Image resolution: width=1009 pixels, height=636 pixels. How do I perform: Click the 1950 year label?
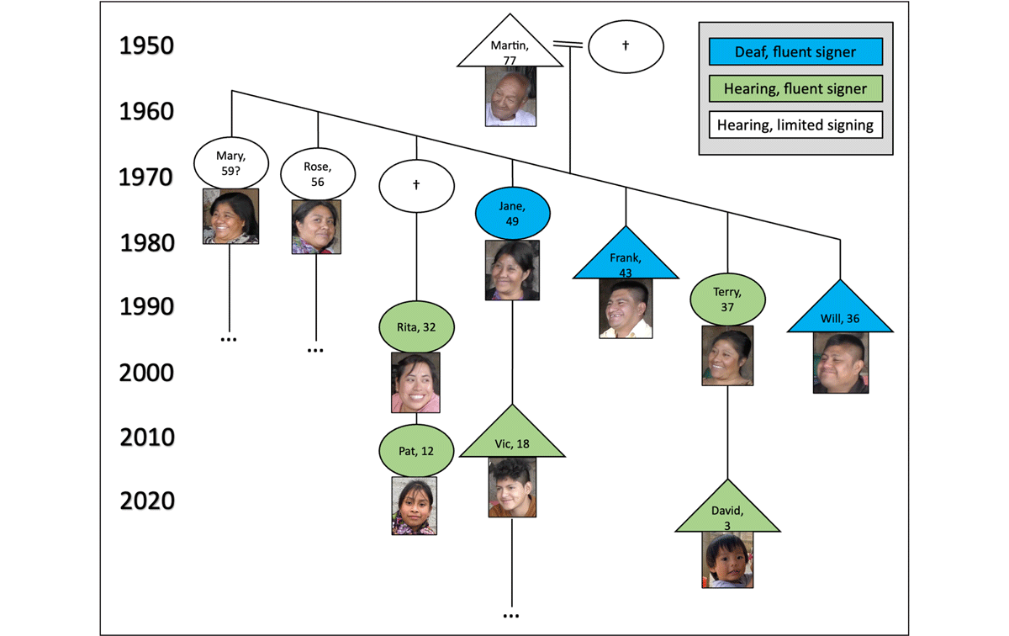[x=146, y=45]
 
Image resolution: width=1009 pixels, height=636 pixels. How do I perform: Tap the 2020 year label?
[x=146, y=501]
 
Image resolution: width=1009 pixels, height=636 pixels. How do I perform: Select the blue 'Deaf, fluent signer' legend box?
[x=795, y=52]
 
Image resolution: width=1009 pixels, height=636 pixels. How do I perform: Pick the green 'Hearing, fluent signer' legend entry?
[x=795, y=89]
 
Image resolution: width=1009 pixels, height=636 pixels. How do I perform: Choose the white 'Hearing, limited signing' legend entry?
[x=795, y=126]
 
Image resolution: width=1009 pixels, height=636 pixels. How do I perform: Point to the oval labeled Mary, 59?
[x=230, y=162]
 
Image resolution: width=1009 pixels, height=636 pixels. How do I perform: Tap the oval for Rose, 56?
[x=317, y=173]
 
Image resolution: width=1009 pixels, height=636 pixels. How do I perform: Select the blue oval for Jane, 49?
[x=512, y=212]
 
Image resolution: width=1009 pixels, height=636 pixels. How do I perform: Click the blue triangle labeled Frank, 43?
[x=625, y=260]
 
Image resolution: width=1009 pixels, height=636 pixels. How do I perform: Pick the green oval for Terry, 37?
[x=727, y=299]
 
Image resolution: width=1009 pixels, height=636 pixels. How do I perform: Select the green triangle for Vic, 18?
[x=511, y=439]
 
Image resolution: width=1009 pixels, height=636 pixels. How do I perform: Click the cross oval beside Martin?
[x=626, y=46]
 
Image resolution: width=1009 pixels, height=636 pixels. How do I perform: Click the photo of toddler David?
[x=727, y=560]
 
